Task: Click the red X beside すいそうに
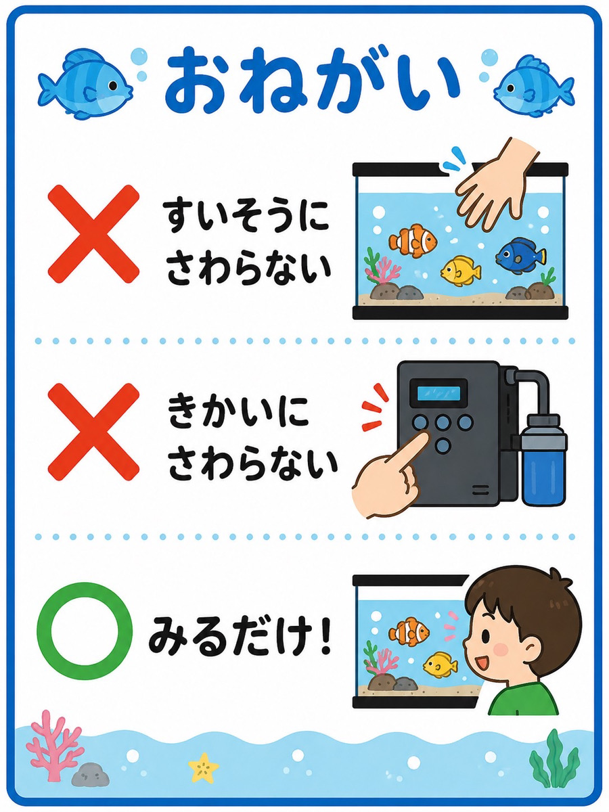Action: pyautogui.click(x=93, y=235)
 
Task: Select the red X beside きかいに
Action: pyautogui.click(x=93, y=431)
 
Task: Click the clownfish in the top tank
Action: pyautogui.click(x=413, y=240)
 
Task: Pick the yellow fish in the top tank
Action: pyautogui.click(x=460, y=269)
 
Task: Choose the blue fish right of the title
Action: pyautogui.click(x=535, y=86)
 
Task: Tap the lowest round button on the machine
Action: pyautogui.click(x=443, y=445)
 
